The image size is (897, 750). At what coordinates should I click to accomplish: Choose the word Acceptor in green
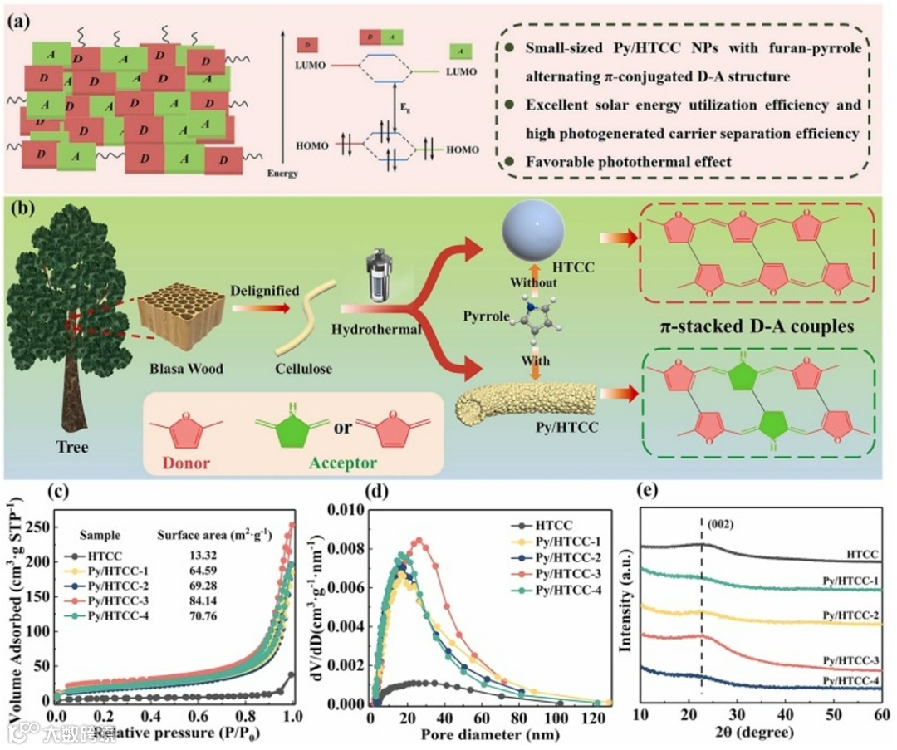point(342,463)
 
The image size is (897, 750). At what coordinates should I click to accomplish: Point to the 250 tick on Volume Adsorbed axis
point(37,527)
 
